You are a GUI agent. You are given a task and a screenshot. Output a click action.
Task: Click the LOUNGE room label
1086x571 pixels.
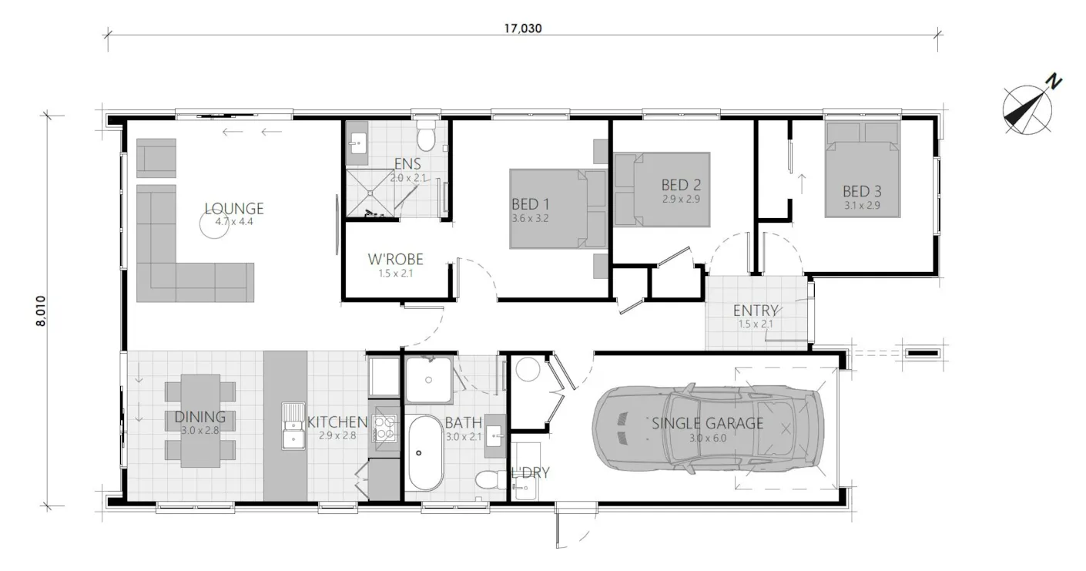[234, 209]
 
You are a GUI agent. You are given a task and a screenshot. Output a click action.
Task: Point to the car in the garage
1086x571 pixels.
[707, 428]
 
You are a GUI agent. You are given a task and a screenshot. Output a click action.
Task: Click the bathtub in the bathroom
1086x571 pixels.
[425, 452]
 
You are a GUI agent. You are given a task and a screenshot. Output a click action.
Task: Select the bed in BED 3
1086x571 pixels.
[862, 170]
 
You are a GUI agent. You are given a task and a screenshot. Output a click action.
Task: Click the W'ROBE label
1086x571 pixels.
[396, 260]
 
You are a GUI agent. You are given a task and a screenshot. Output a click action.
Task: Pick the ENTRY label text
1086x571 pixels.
[755, 311]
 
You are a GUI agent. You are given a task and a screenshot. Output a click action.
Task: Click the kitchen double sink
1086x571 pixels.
[293, 425]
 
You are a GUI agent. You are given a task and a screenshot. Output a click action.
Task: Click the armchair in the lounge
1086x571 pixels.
[156, 158]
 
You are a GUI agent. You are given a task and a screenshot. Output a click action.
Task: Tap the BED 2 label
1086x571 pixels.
[681, 186]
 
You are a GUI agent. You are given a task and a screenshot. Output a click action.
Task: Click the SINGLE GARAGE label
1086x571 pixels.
[707, 423]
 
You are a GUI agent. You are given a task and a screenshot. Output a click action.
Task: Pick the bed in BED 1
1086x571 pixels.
[549, 209]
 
